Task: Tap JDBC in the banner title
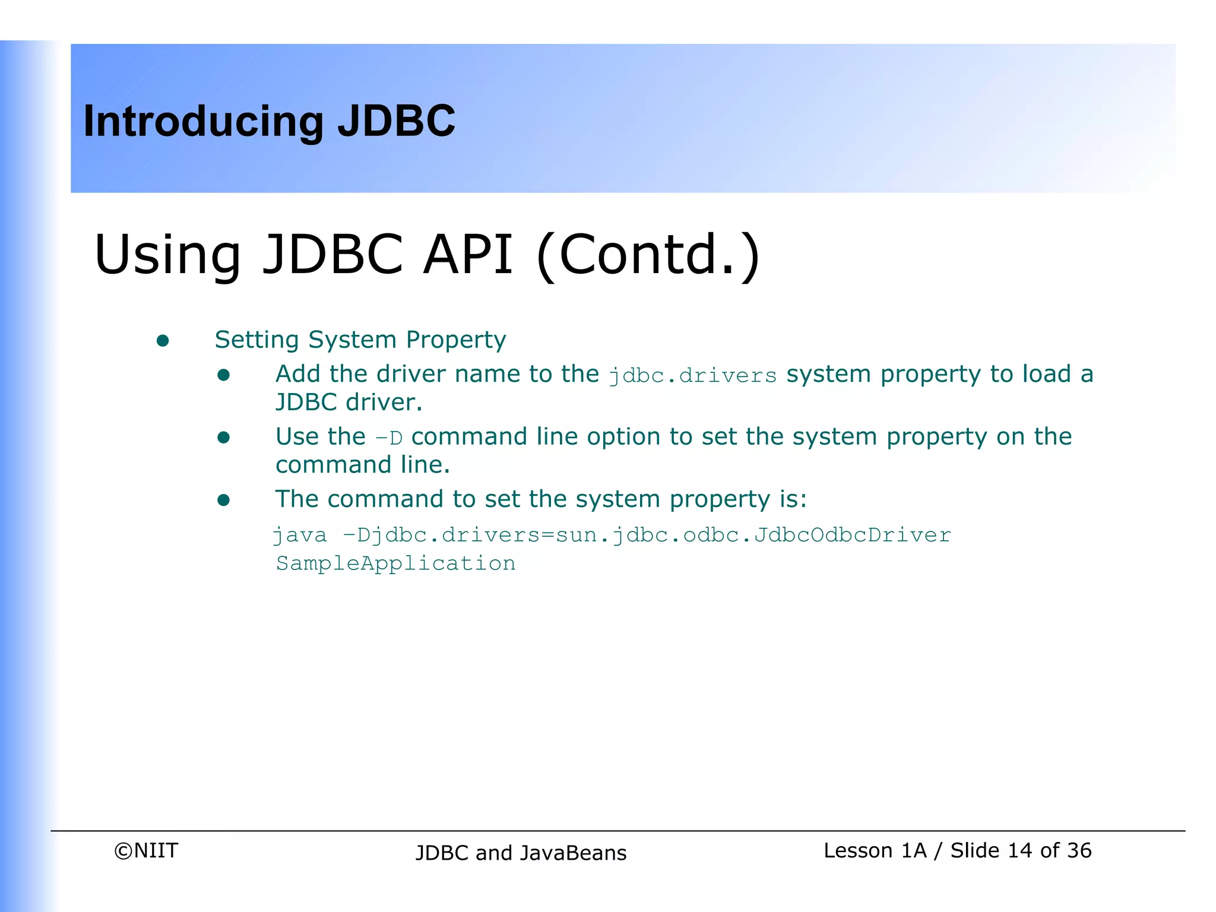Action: coord(396,122)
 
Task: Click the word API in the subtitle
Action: coord(467,255)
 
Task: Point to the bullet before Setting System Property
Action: coord(163,341)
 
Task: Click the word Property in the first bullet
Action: coord(456,340)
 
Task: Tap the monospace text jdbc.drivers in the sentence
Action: coord(692,376)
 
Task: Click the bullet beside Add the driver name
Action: coord(223,375)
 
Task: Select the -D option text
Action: coord(389,438)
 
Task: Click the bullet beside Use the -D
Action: coord(223,438)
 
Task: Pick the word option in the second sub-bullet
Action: coord(623,437)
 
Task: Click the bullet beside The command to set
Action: coord(223,501)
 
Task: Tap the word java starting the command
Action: coord(300,535)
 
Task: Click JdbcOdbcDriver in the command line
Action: coord(853,535)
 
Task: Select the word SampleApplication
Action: coord(395,563)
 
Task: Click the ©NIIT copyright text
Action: coord(146,851)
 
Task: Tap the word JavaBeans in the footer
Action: coord(573,853)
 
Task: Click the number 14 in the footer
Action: coord(1019,851)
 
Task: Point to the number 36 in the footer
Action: coord(1079,851)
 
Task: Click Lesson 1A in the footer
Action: coord(875,851)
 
